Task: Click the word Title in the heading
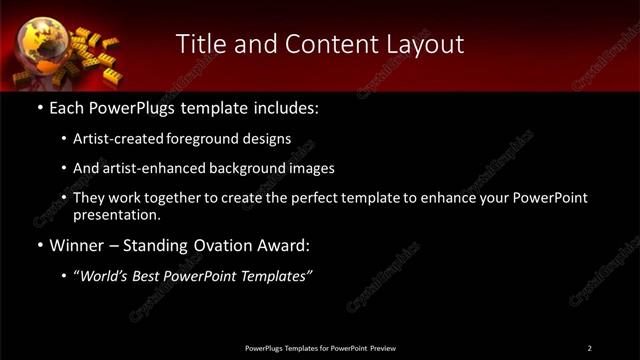coord(198,44)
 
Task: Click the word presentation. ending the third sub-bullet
coord(116,214)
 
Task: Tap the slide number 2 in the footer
coord(589,348)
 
